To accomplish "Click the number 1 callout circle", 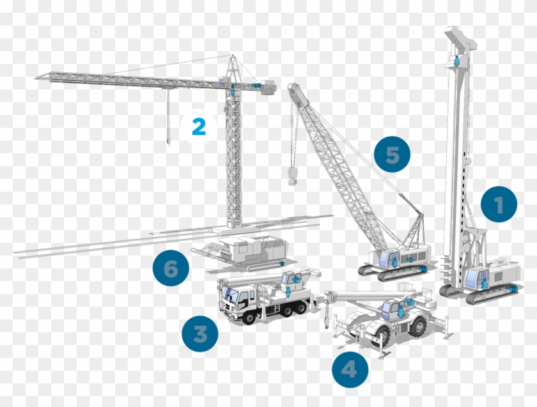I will coord(499,204).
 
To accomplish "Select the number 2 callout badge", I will coord(198,127).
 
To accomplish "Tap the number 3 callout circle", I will coord(199,334).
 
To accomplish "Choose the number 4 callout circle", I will coord(350,369).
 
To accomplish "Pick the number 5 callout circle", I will coord(392,155).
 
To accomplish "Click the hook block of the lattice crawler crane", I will coord(293,176).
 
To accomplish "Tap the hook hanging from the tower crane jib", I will coord(167,139).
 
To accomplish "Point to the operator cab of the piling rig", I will coord(475,278).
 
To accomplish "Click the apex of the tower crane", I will coord(233,57).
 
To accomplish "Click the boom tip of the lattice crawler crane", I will coord(293,89).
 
